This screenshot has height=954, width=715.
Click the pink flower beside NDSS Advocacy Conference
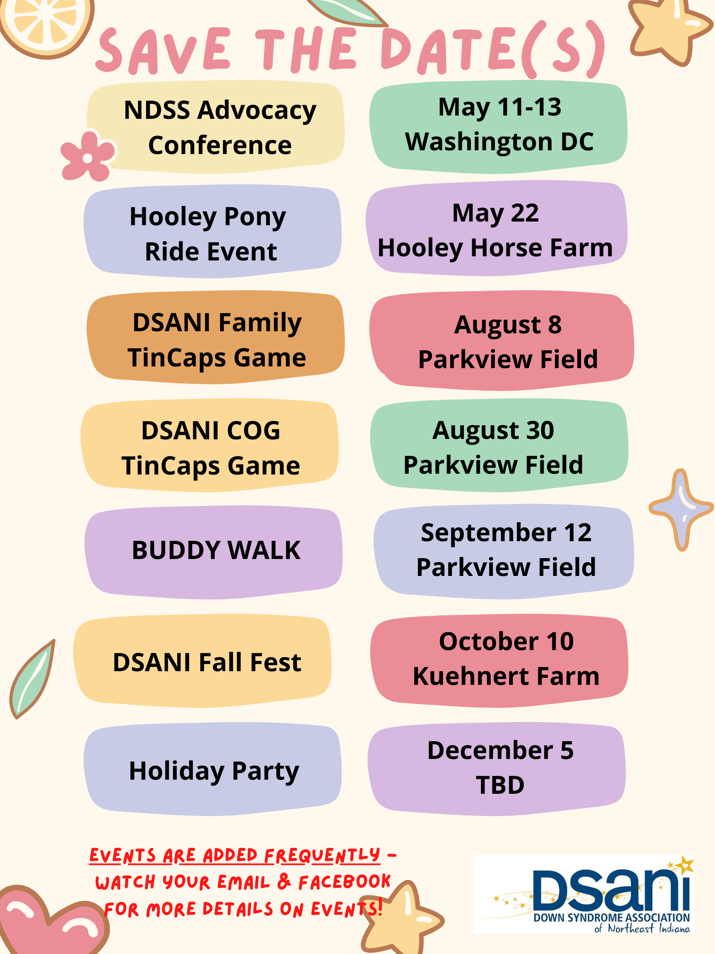[87, 157]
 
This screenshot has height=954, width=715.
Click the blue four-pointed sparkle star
[681, 509]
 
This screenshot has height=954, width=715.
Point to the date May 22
[495, 213]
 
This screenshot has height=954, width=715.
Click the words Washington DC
[499, 142]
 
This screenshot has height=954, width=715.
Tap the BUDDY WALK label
[216, 551]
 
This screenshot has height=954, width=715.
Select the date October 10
[506, 641]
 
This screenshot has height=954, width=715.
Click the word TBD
[500, 785]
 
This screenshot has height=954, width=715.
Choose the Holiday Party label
[214, 771]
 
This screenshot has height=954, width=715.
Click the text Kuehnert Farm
[506, 676]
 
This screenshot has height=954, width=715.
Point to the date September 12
[506, 532]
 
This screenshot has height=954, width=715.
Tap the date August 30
[493, 431]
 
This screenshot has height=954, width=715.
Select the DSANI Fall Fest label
[207, 663]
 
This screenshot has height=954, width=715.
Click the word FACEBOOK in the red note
[344, 882]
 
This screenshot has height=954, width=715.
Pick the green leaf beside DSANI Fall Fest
[32, 679]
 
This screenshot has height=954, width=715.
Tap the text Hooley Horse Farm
[495, 248]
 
